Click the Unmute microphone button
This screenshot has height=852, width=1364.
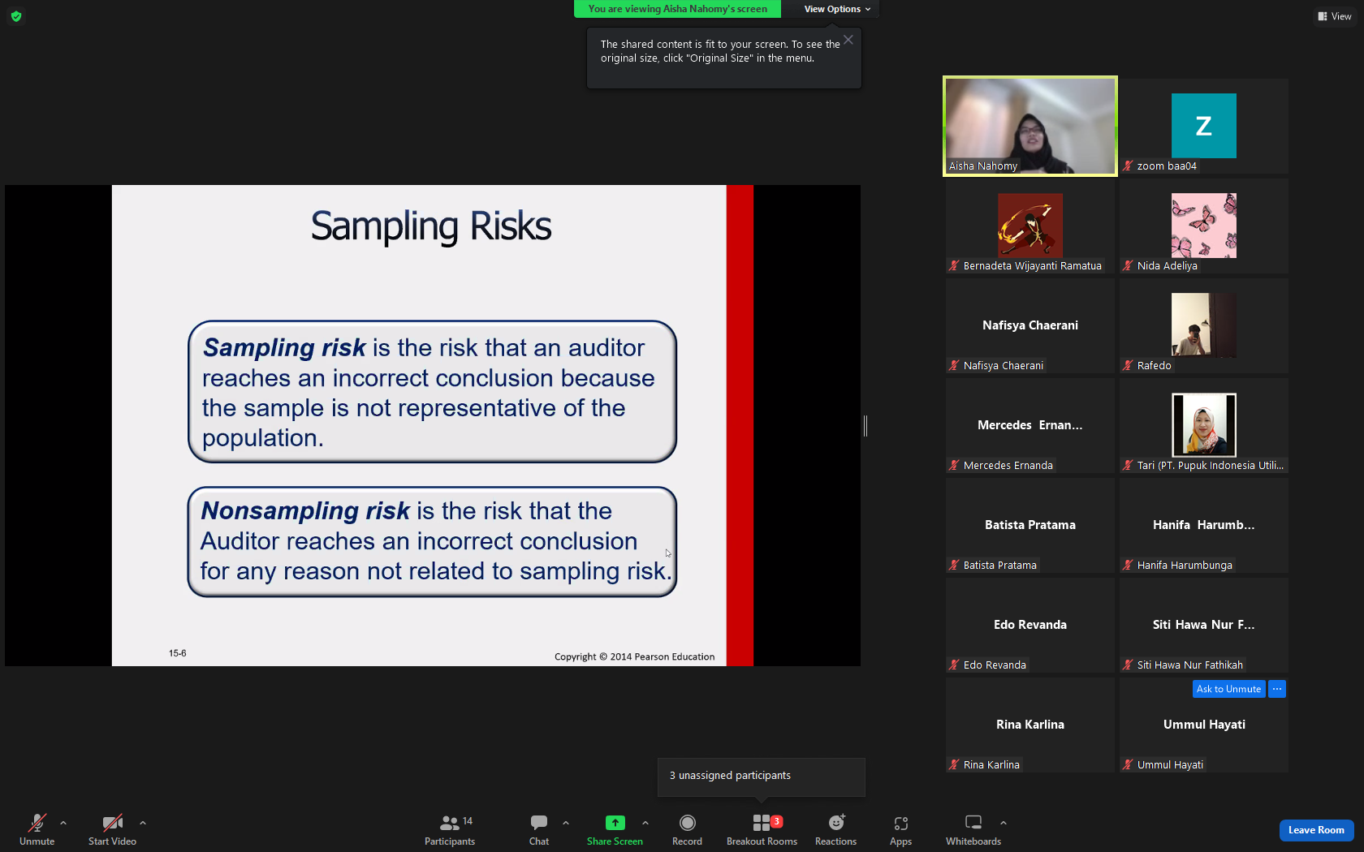pos(37,823)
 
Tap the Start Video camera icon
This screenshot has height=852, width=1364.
pos(113,823)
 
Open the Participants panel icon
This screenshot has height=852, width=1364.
pos(450,823)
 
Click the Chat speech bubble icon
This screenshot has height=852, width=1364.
pos(539,823)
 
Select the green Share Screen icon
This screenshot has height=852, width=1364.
pos(615,823)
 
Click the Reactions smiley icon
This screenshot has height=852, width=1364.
pos(836,822)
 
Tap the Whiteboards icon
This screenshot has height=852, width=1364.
pos(973,822)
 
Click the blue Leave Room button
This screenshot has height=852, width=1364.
pos(1316,830)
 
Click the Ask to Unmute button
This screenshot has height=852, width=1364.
pos(1228,689)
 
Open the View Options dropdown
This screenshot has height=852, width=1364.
pos(837,9)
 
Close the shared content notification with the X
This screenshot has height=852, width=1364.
pos(848,41)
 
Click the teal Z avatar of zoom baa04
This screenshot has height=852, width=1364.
pos(1204,125)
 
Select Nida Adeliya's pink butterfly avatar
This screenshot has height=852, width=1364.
pos(1204,226)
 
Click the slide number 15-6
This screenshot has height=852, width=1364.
pos(177,653)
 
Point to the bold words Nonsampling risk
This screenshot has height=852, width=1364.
pos(305,510)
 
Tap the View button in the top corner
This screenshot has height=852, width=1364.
pos(1335,16)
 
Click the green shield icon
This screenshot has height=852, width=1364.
pos(16,16)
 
